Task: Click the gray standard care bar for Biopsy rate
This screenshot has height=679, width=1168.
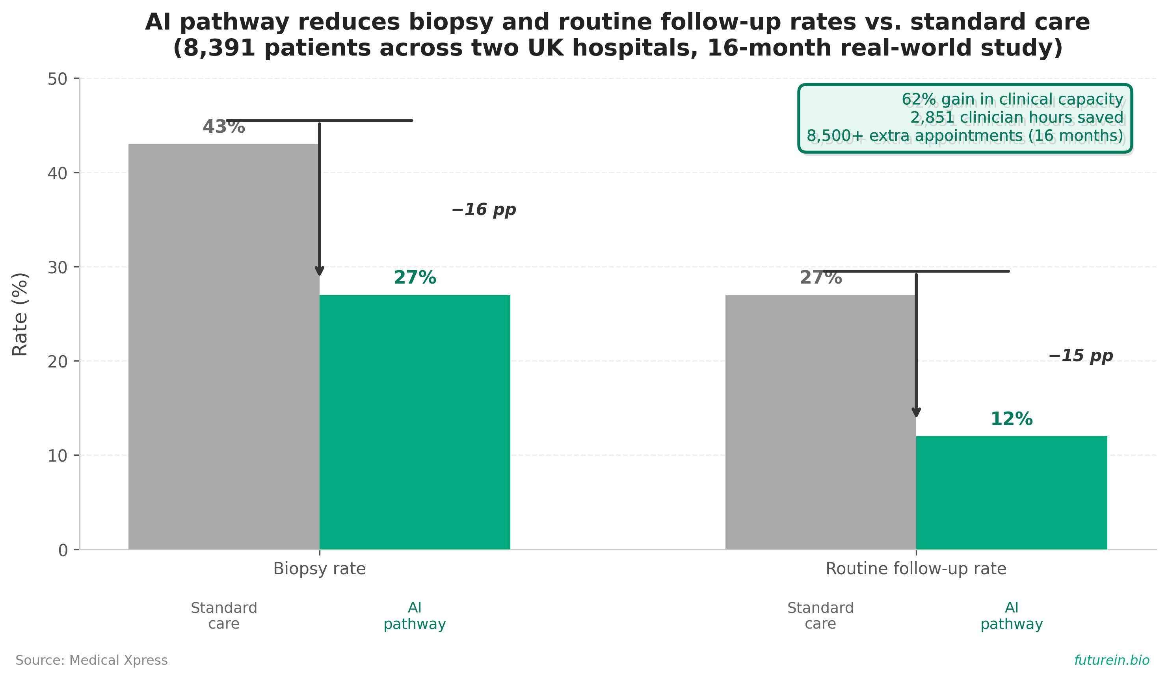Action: (224, 347)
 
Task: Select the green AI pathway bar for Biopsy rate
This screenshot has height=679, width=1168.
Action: (415, 423)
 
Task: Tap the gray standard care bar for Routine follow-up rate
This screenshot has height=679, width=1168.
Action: (821, 423)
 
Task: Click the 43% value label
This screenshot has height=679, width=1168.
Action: (224, 127)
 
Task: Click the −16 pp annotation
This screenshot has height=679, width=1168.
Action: (484, 210)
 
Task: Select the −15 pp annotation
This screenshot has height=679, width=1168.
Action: (1081, 356)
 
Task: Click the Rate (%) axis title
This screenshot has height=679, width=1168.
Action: (20, 314)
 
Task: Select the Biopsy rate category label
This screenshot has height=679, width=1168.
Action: (319, 569)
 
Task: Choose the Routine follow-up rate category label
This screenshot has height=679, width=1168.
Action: (916, 569)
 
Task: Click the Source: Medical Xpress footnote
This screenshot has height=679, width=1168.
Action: (92, 660)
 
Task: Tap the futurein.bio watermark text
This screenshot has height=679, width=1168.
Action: (1112, 660)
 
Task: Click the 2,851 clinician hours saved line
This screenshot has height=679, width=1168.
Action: (1017, 118)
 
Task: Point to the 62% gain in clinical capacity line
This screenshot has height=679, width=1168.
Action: (1013, 100)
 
